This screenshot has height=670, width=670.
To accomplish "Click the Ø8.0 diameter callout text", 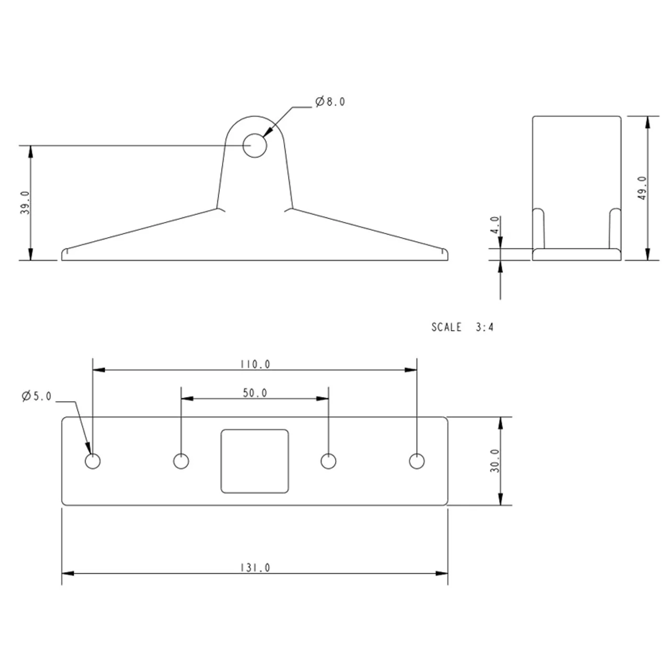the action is [x=330, y=102].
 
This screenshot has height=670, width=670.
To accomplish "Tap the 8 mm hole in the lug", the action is [x=254, y=146].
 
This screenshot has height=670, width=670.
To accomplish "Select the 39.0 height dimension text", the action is [x=25, y=203].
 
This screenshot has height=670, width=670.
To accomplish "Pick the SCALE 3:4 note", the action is [x=462, y=327].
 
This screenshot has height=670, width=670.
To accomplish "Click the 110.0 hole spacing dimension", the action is [x=255, y=364].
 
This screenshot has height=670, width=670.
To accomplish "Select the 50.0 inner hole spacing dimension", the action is [x=255, y=393].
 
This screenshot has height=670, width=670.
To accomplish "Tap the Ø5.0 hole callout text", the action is [x=37, y=396].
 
